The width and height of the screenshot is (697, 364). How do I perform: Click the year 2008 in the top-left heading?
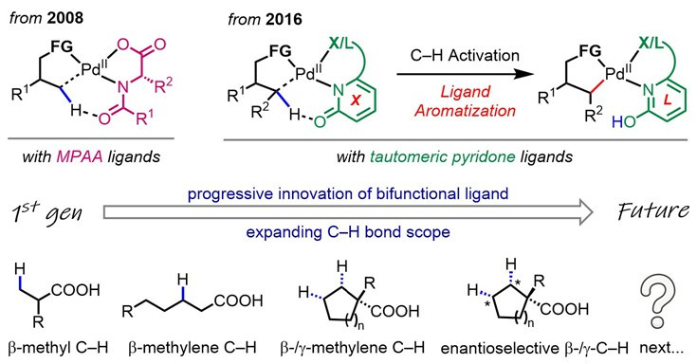[x=64, y=18]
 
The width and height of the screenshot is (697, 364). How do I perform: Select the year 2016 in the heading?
[x=284, y=20]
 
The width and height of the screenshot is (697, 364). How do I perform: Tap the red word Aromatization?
[x=465, y=111]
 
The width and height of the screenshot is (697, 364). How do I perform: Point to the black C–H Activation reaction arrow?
[x=465, y=74]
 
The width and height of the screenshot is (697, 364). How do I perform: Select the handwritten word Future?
[x=654, y=211]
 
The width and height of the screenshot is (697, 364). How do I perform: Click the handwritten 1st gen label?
[x=46, y=212]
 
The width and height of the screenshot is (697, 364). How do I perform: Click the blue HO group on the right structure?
[x=624, y=121]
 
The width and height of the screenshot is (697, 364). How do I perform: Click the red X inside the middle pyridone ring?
[x=355, y=100]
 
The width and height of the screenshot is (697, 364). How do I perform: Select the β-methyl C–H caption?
[x=58, y=348]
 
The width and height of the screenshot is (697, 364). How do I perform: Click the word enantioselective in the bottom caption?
[x=497, y=349]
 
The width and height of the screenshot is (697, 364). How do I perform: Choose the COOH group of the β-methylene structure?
[x=239, y=300]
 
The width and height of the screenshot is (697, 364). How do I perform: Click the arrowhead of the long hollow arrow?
[x=586, y=212]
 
